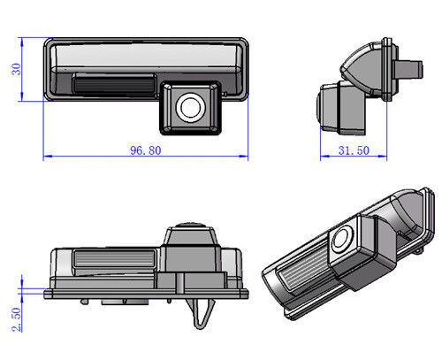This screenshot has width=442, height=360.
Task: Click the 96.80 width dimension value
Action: [x=146, y=150]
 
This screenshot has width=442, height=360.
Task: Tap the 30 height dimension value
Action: [x=16, y=69]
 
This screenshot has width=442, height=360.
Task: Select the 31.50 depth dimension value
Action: [x=354, y=150]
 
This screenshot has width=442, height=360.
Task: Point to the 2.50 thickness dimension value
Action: [x=17, y=319]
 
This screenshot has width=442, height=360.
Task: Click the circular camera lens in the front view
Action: [x=190, y=108]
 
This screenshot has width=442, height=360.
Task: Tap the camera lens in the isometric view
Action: [x=342, y=240]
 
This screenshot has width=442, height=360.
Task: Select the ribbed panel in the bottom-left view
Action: [x=114, y=258]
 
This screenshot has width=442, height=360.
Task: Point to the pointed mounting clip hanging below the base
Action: [x=201, y=312]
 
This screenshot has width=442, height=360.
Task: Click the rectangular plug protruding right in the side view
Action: [x=409, y=69]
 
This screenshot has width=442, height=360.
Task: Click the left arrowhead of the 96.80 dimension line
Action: [x=48, y=157]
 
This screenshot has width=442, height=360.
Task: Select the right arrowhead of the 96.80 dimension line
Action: [x=243, y=157]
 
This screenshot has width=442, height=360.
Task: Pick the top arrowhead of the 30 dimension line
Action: [x=22, y=42]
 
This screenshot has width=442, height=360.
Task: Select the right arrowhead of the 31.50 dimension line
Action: [x=382, y=157]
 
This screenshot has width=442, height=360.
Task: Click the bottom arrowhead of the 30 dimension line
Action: [x=22, y=96]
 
